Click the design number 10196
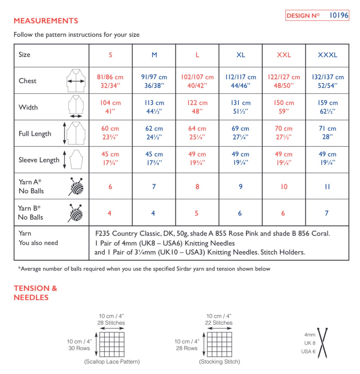coord(338,15)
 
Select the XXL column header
coord(284,55)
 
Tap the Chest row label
coord(28,81)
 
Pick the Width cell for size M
coord(154,107)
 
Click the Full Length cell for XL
coord(240,133)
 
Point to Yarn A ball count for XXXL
coord(327,187)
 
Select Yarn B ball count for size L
coord(196,213)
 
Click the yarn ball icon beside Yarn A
coord(76,187)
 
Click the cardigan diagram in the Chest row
coord(76,80)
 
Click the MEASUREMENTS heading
coord(46,20)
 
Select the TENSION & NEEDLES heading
coord(35,293)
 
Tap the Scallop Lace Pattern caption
coord(112,362)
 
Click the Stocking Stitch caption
coord(219,362)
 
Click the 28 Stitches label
coord(112,323)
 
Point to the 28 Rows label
coord(186,348)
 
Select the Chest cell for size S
coord(110,81)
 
